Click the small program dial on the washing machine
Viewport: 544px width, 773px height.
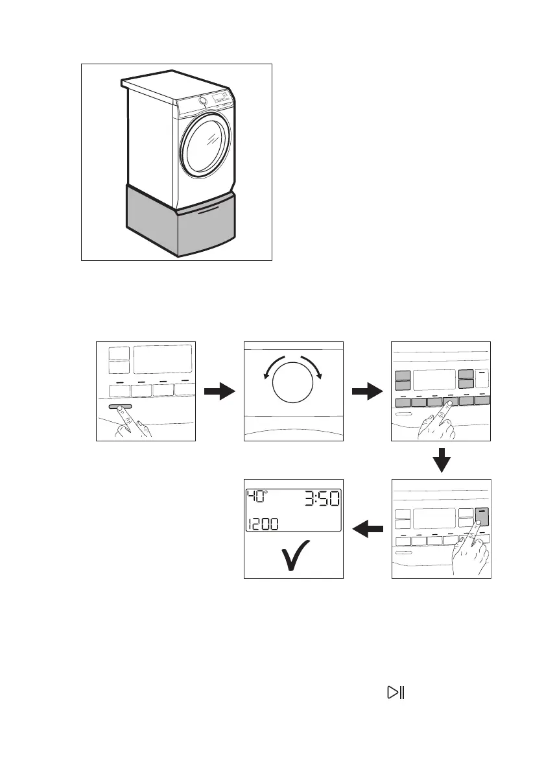tap(204, 100)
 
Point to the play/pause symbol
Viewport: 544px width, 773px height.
tap(395, 693)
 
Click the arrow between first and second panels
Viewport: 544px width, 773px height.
tap(219, 391)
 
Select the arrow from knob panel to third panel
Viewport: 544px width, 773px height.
tap(367, 391)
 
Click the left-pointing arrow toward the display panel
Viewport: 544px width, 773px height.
tap(368, 530)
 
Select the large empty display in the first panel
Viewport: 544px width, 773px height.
tap(162, 359)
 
